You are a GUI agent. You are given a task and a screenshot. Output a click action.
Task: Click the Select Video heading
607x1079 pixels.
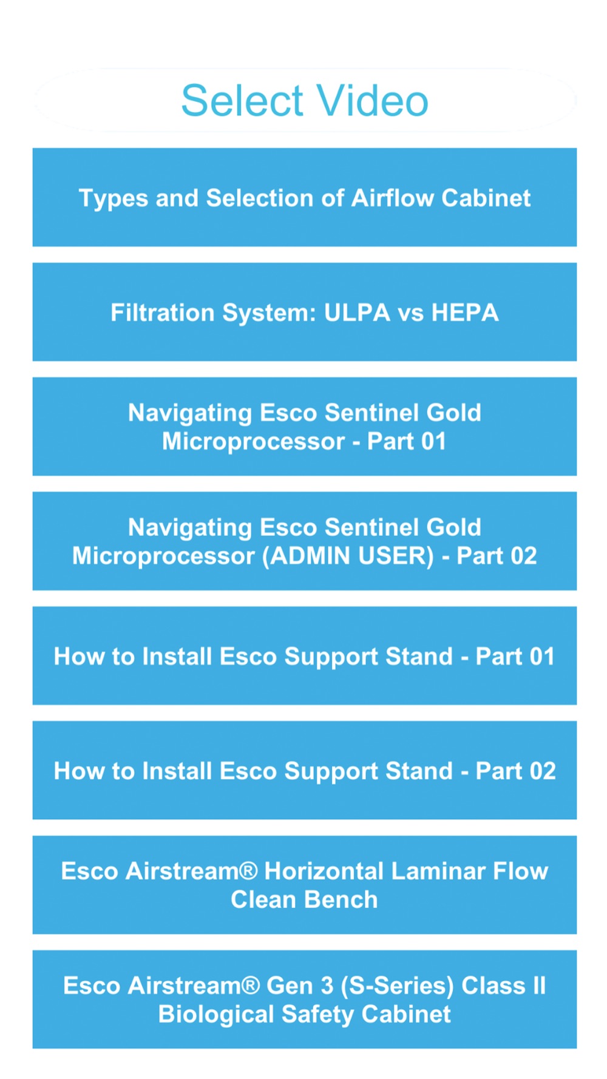point(305,100)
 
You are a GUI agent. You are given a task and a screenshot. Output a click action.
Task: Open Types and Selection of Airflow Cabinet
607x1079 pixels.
point(305,197)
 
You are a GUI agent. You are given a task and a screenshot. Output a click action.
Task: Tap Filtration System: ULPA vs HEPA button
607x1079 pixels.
point(305,312)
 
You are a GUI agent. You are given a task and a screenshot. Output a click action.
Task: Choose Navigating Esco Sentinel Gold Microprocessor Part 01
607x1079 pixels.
point(305,427)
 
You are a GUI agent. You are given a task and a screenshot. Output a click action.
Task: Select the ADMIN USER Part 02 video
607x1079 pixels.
point(305,541)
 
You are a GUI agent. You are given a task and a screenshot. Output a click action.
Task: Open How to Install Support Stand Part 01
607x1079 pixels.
point(305,655)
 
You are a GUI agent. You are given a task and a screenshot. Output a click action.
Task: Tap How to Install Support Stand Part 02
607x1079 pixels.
point(305,770)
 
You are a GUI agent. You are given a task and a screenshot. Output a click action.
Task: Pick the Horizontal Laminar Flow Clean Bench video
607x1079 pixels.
point(305,885)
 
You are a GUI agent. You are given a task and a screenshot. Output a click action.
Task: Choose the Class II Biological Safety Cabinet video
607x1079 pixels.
point(305,1000)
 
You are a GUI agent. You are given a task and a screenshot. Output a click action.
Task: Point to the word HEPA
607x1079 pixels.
point(465,313)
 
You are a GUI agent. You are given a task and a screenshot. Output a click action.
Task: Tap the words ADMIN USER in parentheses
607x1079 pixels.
point(348,556)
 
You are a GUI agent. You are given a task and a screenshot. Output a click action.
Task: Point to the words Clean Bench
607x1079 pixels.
point(304,899)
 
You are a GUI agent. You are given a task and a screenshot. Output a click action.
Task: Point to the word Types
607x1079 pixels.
point(114,198)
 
